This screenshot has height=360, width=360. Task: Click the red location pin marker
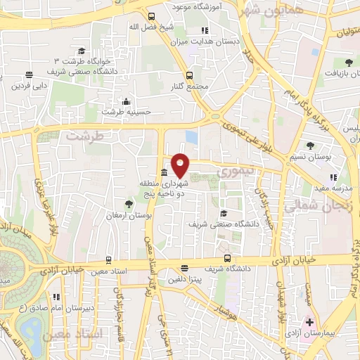point(181,165)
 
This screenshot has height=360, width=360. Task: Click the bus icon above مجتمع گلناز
point(188,75)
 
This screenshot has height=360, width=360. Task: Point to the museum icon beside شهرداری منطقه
point(164,173)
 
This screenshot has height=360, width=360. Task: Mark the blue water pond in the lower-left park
point(32,328)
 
